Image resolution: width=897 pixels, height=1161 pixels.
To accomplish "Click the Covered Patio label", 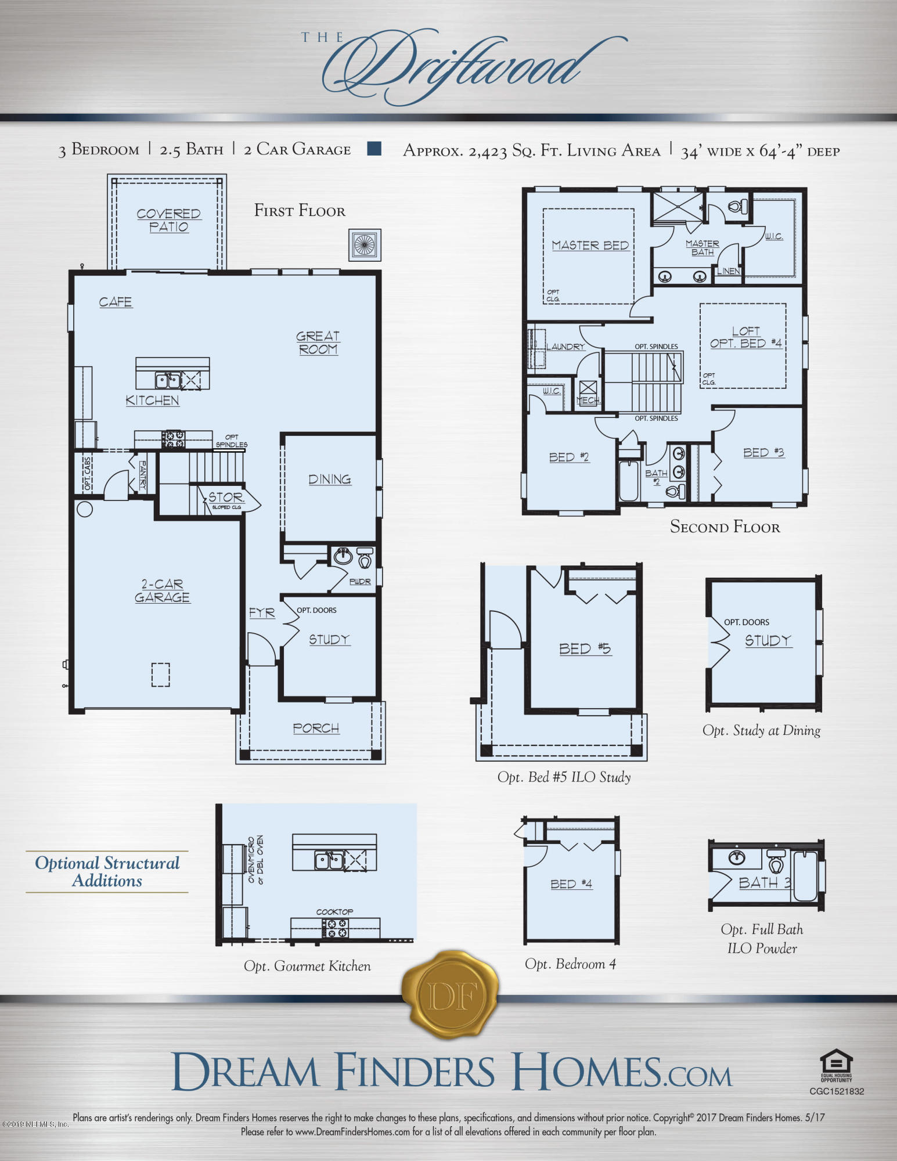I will (168, 220).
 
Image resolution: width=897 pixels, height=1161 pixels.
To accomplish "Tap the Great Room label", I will (318, 342).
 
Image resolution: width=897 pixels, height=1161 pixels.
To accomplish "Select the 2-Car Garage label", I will (162, 590).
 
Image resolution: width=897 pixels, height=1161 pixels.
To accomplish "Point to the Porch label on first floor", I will (316, 728).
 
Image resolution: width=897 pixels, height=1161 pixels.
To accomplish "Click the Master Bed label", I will (590, 245).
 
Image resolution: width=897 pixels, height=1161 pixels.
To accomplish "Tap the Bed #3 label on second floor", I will (763, 452).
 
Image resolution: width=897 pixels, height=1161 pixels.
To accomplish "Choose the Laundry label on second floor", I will (565, 347).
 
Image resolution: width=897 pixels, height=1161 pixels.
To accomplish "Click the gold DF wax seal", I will (451, 996).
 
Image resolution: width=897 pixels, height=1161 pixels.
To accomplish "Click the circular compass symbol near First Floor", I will (365, 244).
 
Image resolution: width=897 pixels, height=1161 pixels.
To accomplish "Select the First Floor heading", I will (300, 210).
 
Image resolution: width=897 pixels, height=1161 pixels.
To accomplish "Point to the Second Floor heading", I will (725, 527).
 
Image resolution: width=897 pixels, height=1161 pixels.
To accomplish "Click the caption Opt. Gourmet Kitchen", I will (307, 966).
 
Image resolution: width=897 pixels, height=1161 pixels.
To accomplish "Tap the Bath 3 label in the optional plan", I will (764, 883).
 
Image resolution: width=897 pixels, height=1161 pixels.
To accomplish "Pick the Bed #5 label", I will (585, 648).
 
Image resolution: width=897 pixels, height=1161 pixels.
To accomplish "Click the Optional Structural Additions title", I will (107, 871).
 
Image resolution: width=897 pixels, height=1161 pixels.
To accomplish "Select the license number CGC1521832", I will (837, 1091).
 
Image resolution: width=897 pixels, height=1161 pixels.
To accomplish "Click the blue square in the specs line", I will (374, 149).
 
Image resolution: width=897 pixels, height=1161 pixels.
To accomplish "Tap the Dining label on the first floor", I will (329, 479).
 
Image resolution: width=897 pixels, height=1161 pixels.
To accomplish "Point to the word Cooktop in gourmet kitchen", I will (334, 911).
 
